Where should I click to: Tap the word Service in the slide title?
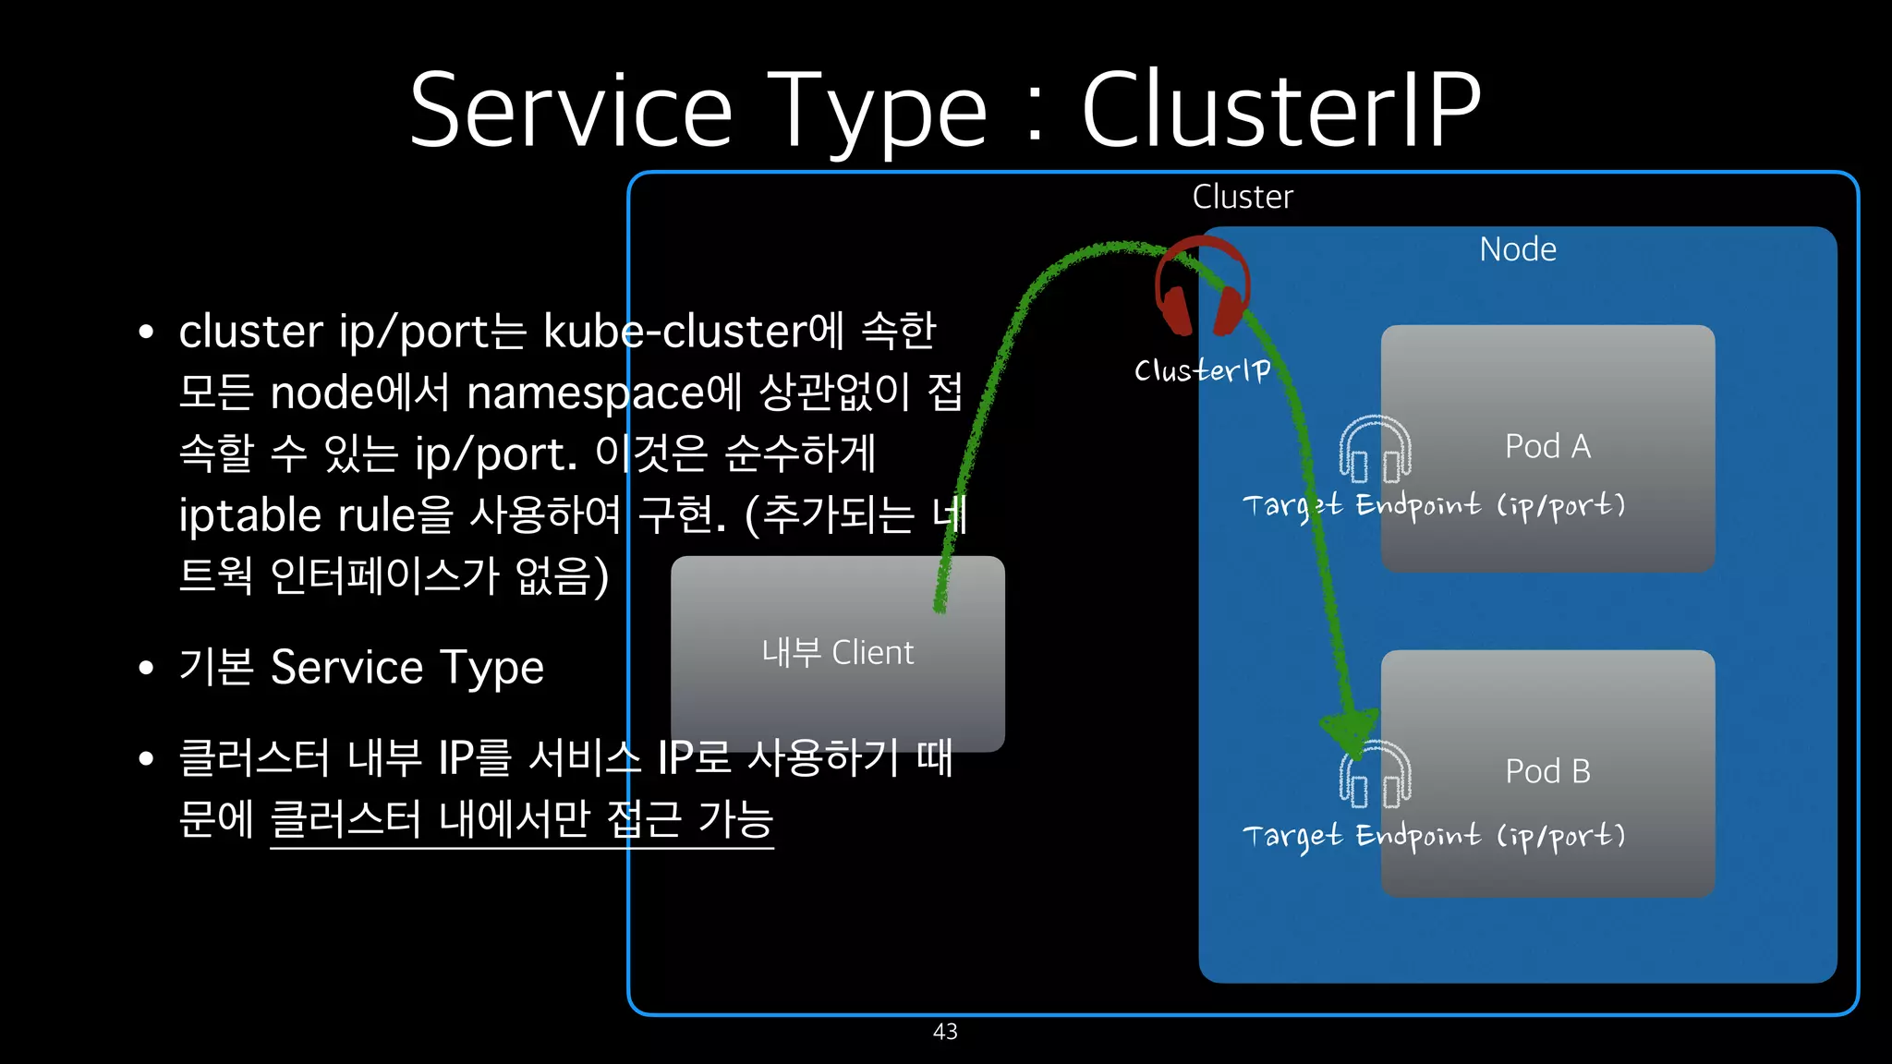click(x=570, y=111)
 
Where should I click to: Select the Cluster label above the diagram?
click(x=1243, y=197)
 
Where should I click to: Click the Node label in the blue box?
click(x=1518, y=249)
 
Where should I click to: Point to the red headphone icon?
click(x=1202, y=286)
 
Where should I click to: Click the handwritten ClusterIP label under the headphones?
click(x=1203, y=370)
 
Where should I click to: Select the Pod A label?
click(x=1547, y=446)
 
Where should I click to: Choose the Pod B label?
click(x=1547, y=771)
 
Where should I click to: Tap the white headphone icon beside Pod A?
click(x=1376, y=450)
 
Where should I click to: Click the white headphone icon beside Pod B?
click(x=1376, y=776)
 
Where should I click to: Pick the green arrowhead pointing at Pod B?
click(x=1351, y=734)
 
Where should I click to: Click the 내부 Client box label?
click(x=837, y=653)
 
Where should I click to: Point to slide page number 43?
click(x=945, y=1032)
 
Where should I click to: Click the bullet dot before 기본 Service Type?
click(x=146, y=668)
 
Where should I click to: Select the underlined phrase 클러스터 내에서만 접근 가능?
click(x=522, y=818)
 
